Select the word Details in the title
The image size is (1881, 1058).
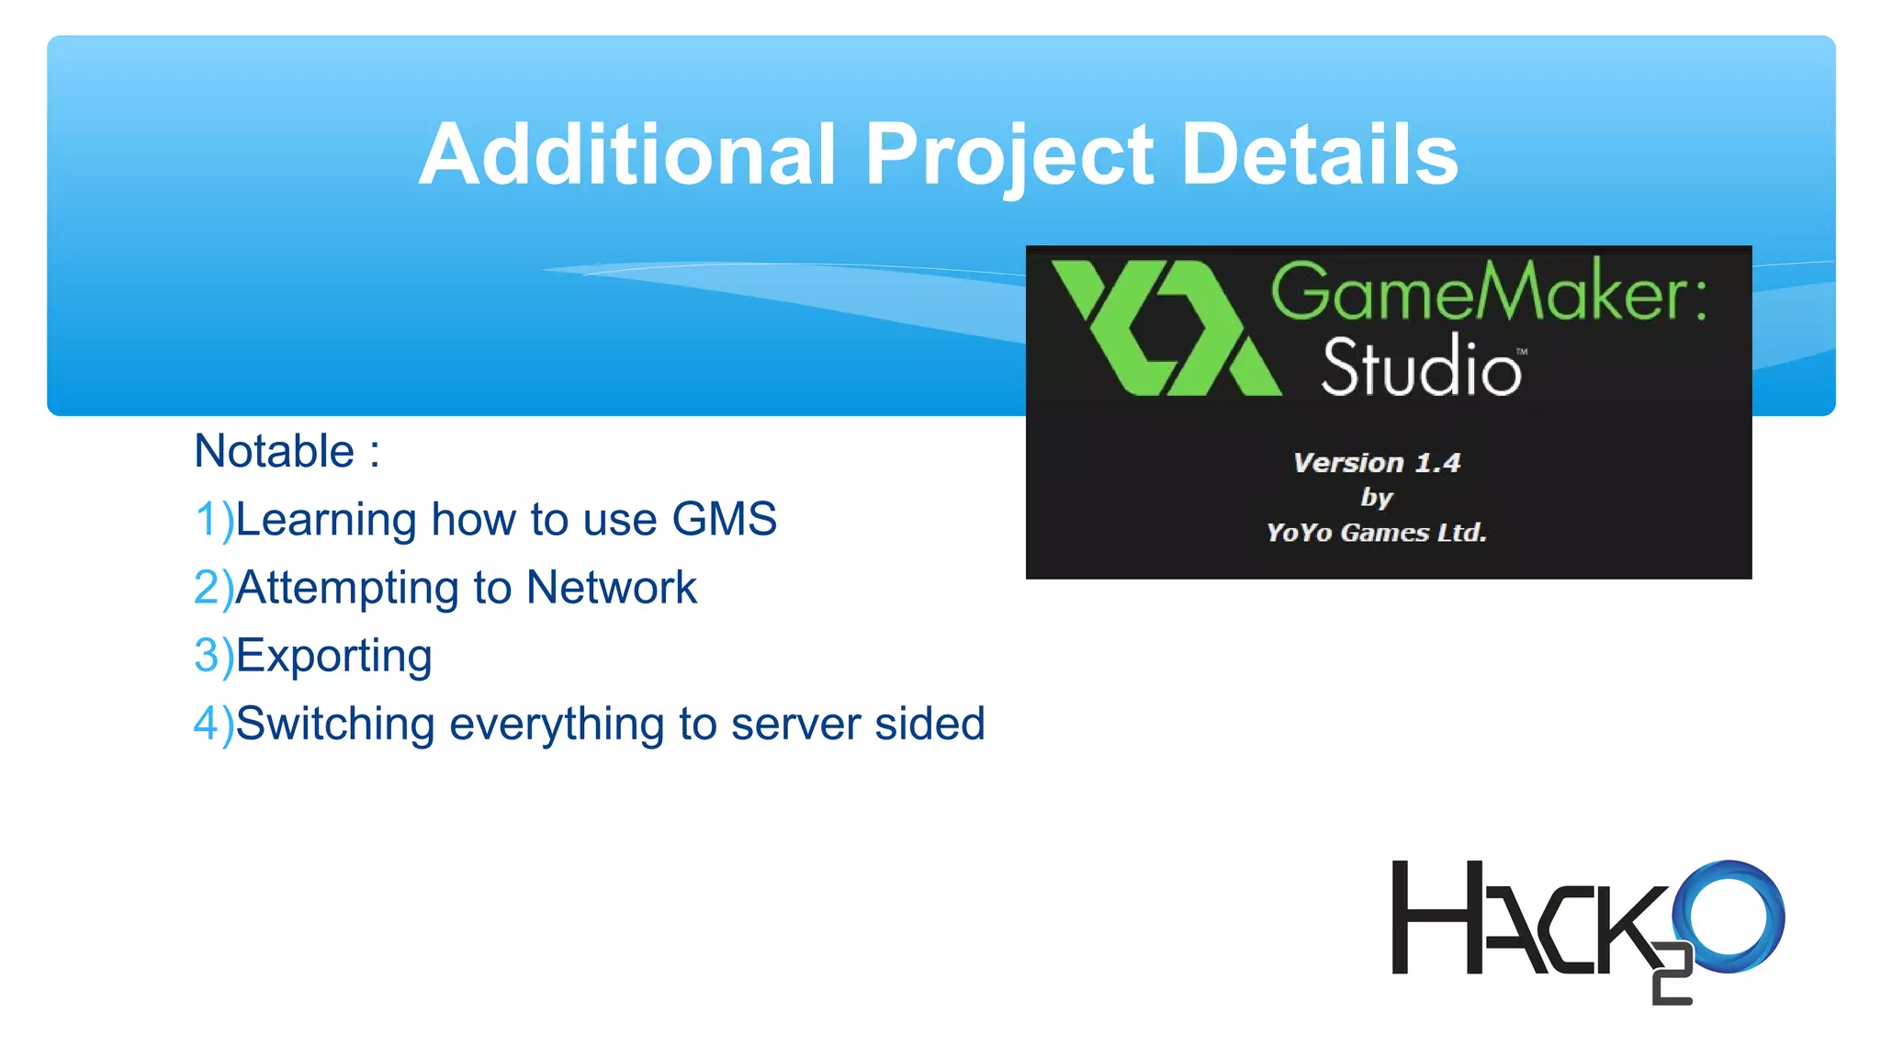pos(1319,154)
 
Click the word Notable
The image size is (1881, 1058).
pos(274,451)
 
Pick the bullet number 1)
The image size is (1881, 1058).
pos(214,520)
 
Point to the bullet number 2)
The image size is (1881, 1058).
pos(214,588)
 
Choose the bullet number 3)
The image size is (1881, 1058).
pos(214,656)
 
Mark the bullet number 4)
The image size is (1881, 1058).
pos(214,724)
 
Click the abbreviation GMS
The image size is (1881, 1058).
pos(724,519)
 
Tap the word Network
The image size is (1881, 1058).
pos(611,588)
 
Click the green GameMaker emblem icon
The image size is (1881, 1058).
pos(1165,328)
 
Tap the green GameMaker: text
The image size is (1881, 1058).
pos(1488,291)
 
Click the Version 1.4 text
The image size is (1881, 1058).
pos(1376,463)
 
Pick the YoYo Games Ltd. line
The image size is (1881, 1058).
pos(1376,533)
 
